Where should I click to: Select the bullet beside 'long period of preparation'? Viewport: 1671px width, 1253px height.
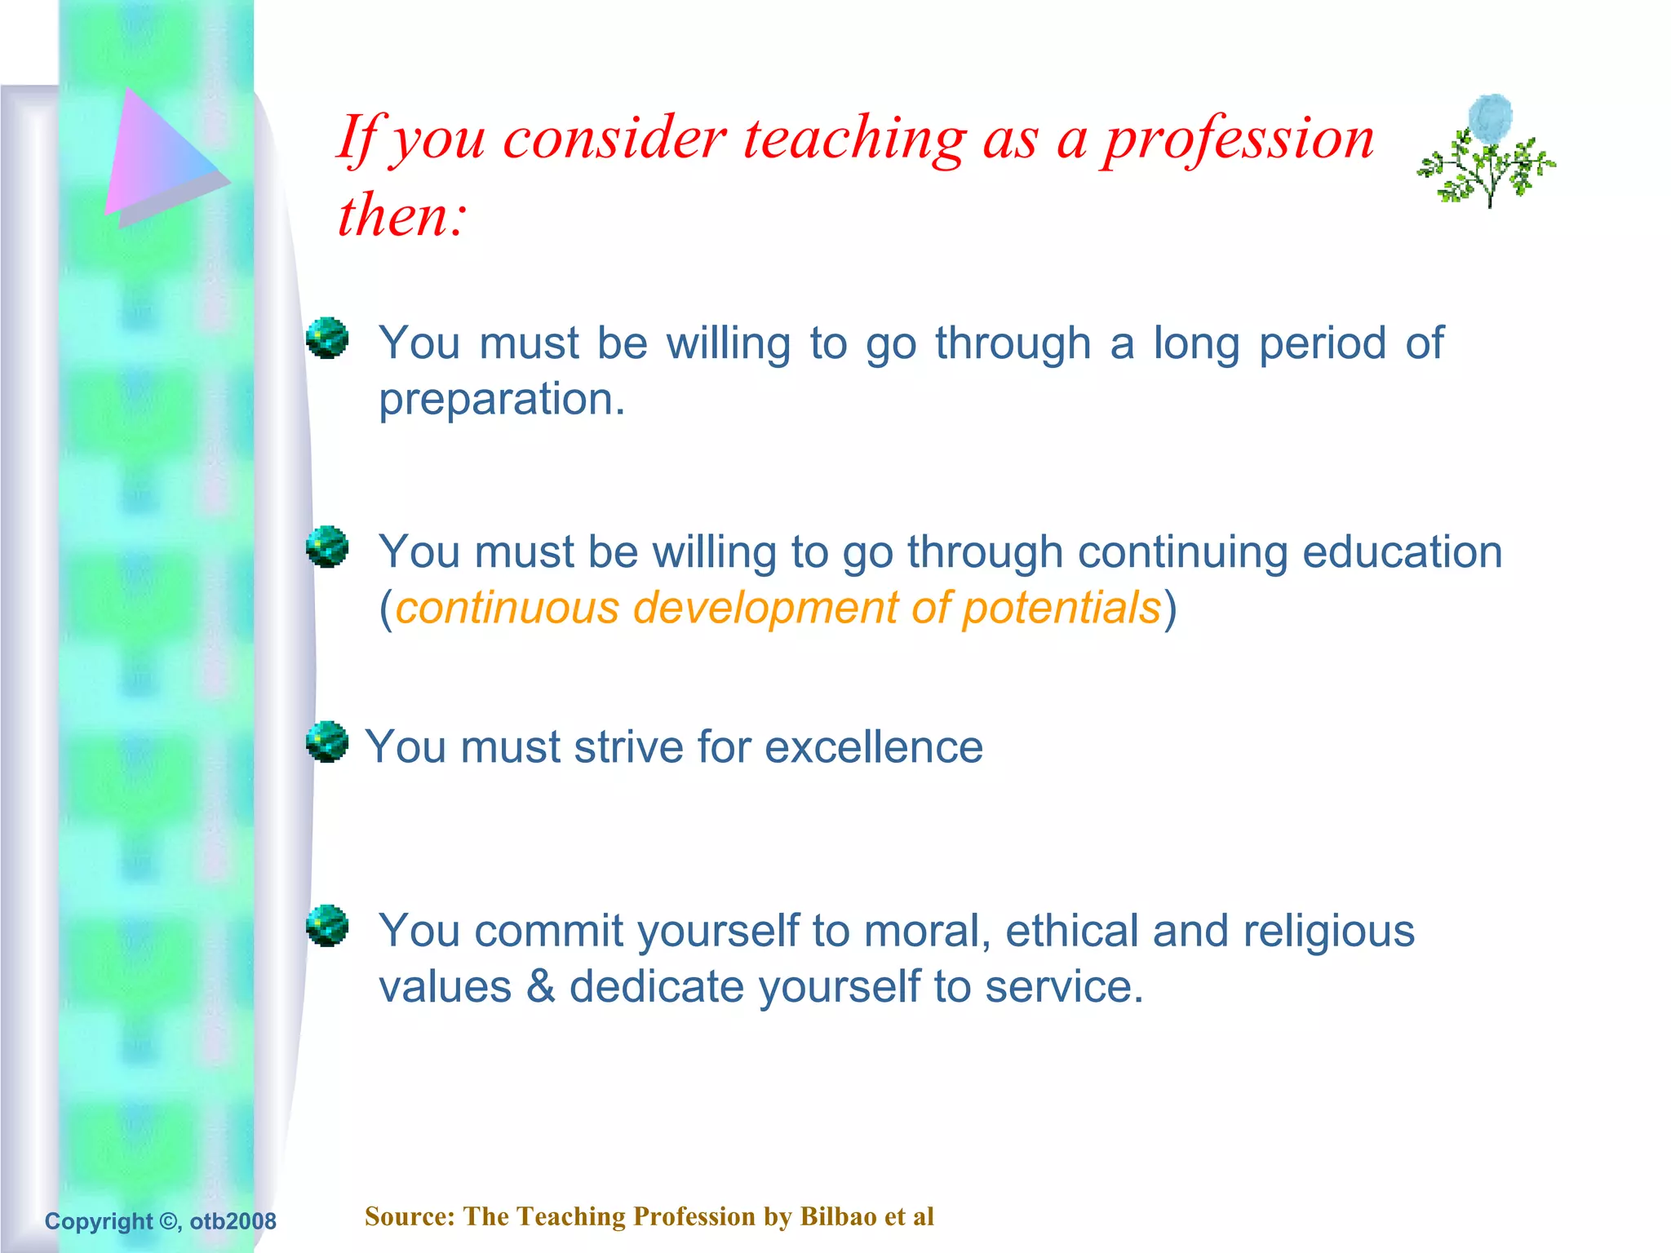[x=327, y=338]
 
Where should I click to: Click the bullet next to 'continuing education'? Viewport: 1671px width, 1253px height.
[x=327, y=547]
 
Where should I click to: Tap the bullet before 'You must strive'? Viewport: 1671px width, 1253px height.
[x=327, y=742]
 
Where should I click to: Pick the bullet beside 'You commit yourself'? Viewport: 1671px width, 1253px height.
[x=327, y=926]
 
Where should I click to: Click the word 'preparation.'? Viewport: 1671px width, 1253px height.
[x=502, y=401]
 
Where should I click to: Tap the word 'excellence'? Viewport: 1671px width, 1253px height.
[x=873, y=747]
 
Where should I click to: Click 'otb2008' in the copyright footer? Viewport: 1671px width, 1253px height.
[x=233, y=1221]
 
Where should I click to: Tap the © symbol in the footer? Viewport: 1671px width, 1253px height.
[x=167, y=1221]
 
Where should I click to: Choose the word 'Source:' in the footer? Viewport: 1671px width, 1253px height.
[x=410, y=1216]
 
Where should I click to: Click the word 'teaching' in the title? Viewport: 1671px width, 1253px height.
[x=854, y=139]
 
